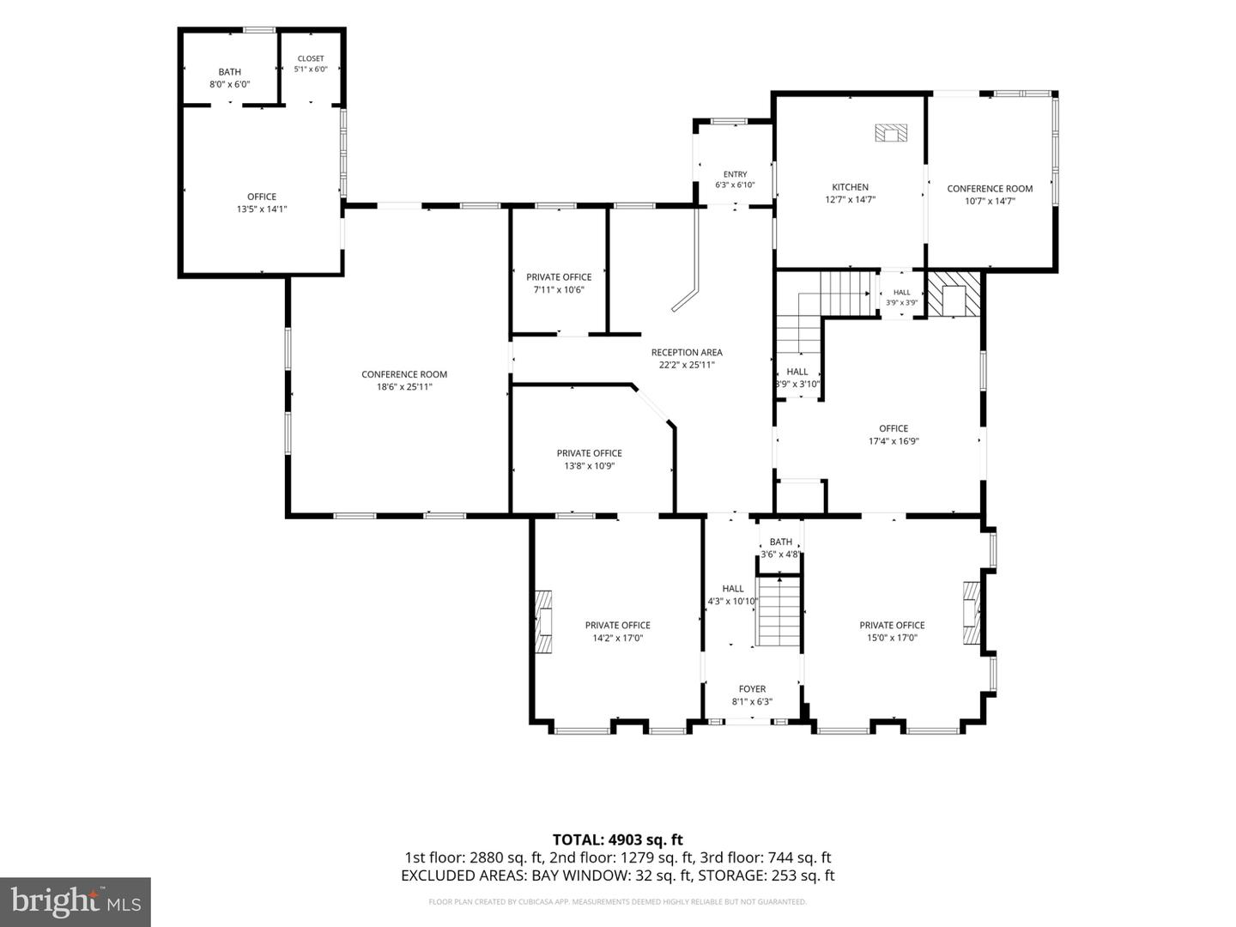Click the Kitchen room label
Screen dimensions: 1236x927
[x=850, y=187]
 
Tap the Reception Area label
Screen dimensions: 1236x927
[x=687, y=352]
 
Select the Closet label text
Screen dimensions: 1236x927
[x=310, y=58]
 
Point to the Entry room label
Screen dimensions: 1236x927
[x=735, y=174]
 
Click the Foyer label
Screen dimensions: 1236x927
[x=752, y=689]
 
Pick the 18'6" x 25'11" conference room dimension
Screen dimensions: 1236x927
[x=404, y=386]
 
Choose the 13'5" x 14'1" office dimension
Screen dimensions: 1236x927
[x=262, y=209]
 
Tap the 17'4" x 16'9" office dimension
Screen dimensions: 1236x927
[x=894, y=441]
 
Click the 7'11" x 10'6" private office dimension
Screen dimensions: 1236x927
[x=559, y=290]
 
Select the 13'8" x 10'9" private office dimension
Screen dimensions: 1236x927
[x=589, y=466]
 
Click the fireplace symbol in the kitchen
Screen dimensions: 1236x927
[x=891, y=133]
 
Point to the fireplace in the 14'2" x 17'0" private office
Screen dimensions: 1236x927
[x=542, y=621]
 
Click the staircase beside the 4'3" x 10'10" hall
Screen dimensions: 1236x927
[x=779, y=611]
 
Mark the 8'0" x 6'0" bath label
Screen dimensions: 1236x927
[x=230, y=78]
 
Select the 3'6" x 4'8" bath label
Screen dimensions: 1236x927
[x=780, y=548]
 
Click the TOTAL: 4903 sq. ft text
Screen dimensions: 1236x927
[x=618, y=839]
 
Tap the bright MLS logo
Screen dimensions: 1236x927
[x=76, y=902]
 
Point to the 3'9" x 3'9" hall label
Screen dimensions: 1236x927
[x=901, y=297]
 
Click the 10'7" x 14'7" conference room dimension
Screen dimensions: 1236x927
[x=990, y=201]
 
